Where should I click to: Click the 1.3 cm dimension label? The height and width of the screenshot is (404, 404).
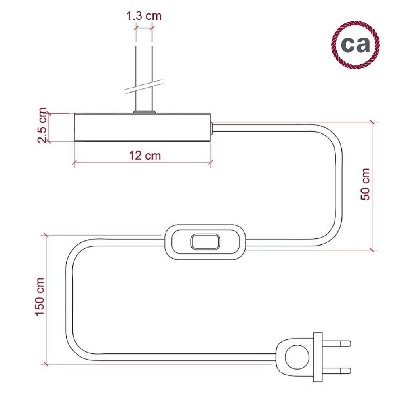tap(144, 16)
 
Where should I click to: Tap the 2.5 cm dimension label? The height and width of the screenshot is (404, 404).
tap(42, 126)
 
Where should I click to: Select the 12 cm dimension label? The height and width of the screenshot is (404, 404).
tap(145, 156)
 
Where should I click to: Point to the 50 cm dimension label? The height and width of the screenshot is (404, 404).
tap(365, 184)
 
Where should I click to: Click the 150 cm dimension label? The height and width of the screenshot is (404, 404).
tap(40, 297)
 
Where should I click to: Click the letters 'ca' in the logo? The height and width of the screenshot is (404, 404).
tap(355, 44)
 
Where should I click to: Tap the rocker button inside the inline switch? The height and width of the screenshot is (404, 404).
tap(205, 242)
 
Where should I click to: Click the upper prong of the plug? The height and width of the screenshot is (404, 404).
tap(337, 343)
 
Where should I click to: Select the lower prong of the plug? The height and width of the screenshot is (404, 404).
tap(337, 371)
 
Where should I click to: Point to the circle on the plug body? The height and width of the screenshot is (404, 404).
tap(297, 357)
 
